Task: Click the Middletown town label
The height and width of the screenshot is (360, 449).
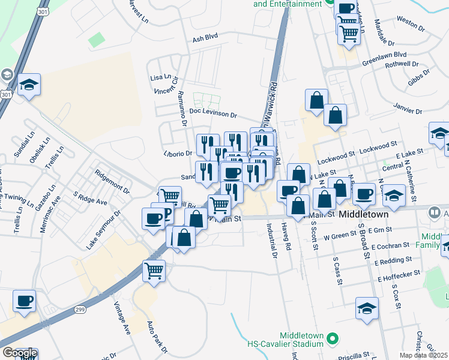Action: point(363,214)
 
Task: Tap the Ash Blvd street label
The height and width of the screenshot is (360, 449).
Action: point(204,38)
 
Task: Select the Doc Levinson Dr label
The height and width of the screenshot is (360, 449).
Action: point(214,112)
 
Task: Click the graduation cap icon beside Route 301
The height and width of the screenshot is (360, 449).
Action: point(28,85)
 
